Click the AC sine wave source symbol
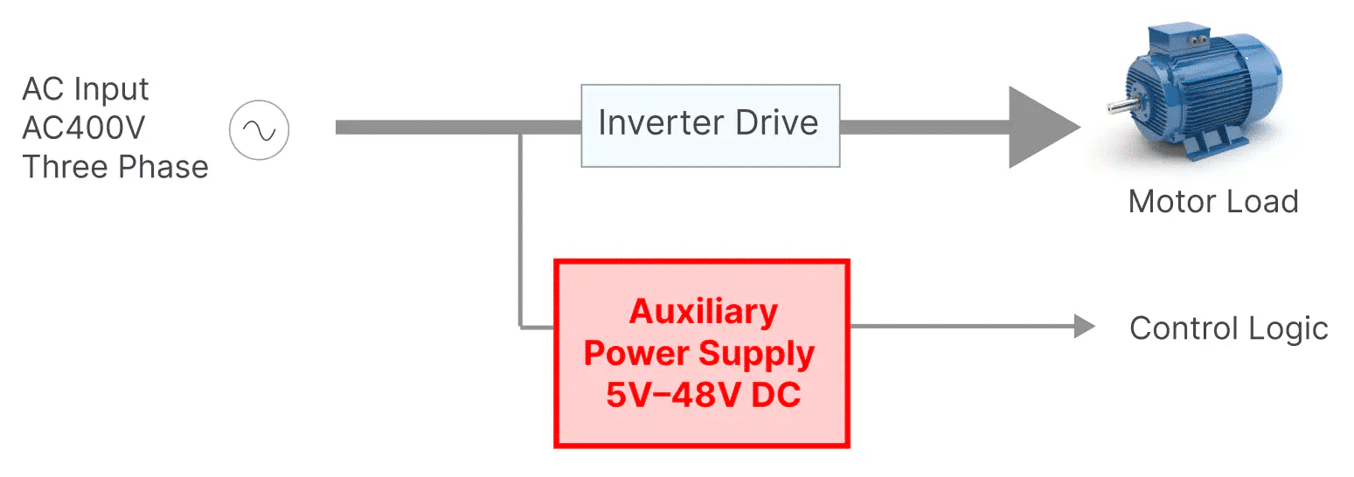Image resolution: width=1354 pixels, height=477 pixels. pyautogui.click(x=259, y=130)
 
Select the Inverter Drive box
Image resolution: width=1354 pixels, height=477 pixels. pyautogui.click(x=710, y=125)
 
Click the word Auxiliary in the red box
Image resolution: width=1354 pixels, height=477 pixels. pyautogui.click(x=703, y=312)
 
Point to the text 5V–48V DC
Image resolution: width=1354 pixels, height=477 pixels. pyautogui.click(x=703, y=395)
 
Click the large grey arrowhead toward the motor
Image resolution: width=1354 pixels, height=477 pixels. pyautogui.click(x=1040, y=127)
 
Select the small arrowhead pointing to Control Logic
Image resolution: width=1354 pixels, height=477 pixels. pyautogui.click(x=1084, y=326)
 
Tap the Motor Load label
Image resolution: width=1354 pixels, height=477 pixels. pyautogui.click(x=1212, y=202)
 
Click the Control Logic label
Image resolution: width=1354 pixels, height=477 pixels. pyautogui.click(x=1228, y=328)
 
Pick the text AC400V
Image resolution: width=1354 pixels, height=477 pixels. pyautogui.click(x=84, y=128)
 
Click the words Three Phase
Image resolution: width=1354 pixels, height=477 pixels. pyautogui.click(x=115, y=166)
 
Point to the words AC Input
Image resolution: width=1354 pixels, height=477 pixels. pyautogui.click(x=86, y=89)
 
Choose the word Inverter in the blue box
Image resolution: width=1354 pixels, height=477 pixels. pyautogui.click(x=657, y=122)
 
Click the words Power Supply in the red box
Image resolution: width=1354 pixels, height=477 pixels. pyautogui.click(x=699, y=354)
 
